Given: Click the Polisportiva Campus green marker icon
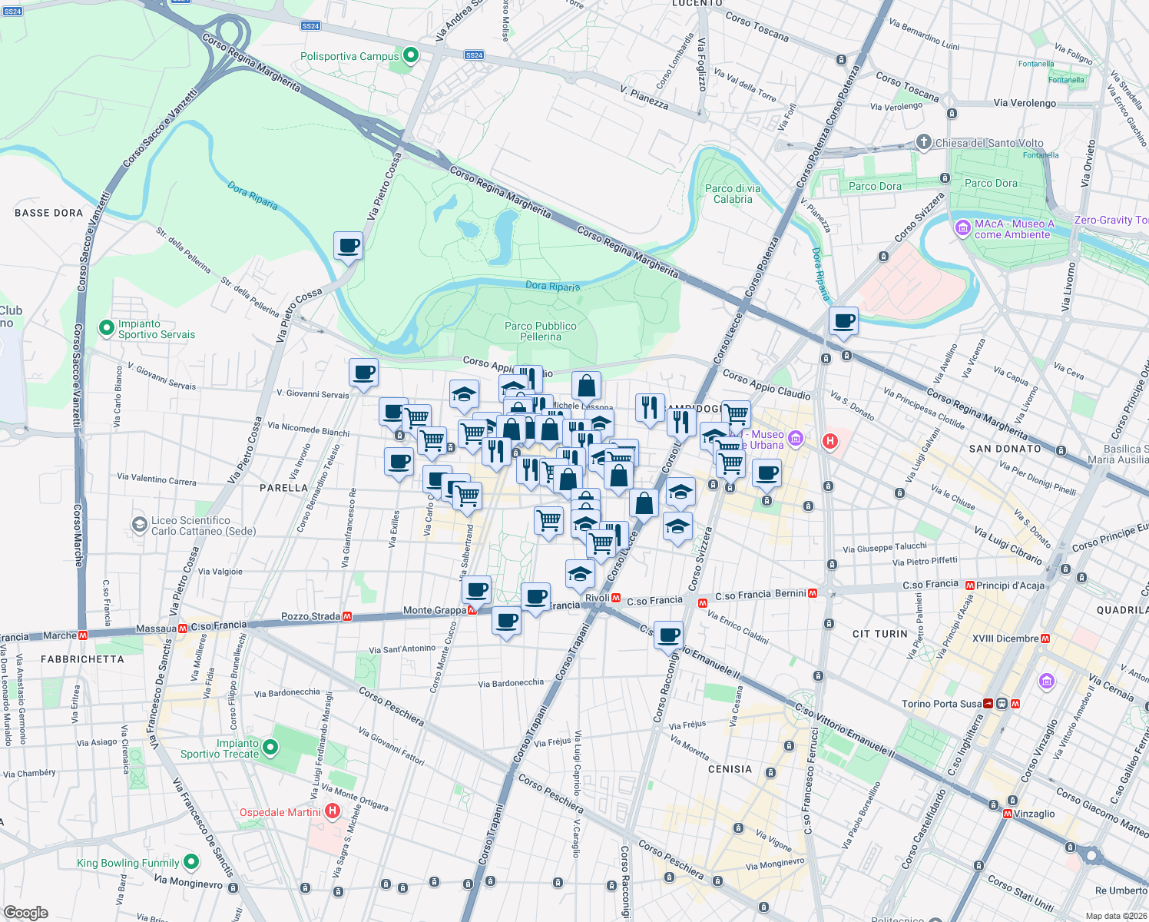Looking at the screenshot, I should [x=411, y=55].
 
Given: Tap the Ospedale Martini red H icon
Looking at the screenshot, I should [x=333, y=811].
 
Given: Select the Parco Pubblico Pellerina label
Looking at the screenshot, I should [x=540, y=331].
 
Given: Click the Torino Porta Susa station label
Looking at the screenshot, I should [x=941, y=704].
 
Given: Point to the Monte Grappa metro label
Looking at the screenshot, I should [x=435, y=611].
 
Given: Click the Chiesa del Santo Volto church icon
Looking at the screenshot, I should [x=924, y=142].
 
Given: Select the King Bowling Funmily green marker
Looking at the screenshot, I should [x=191, y=862].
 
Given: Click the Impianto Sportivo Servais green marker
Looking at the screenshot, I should [x=106, y=328].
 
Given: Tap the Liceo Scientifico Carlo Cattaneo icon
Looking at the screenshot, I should [x=139, y=525].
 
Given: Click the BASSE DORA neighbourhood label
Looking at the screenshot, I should [x=48, y=213].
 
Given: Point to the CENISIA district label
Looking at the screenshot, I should [x=730, y=769].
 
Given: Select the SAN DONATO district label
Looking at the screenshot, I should [x=1005, y=449].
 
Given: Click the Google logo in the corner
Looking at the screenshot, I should [x=25, y=913].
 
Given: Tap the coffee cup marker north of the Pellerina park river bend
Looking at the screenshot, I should [x=348, y=246].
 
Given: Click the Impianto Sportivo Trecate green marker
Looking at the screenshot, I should [x=270, y=747].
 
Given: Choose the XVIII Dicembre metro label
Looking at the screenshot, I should [x=1005, y=638].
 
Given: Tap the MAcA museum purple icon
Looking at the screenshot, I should [x=962, y=228].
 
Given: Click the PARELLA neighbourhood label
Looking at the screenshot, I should [x=283, y=488].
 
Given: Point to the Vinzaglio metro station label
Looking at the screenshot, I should [x=1034, y=814].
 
